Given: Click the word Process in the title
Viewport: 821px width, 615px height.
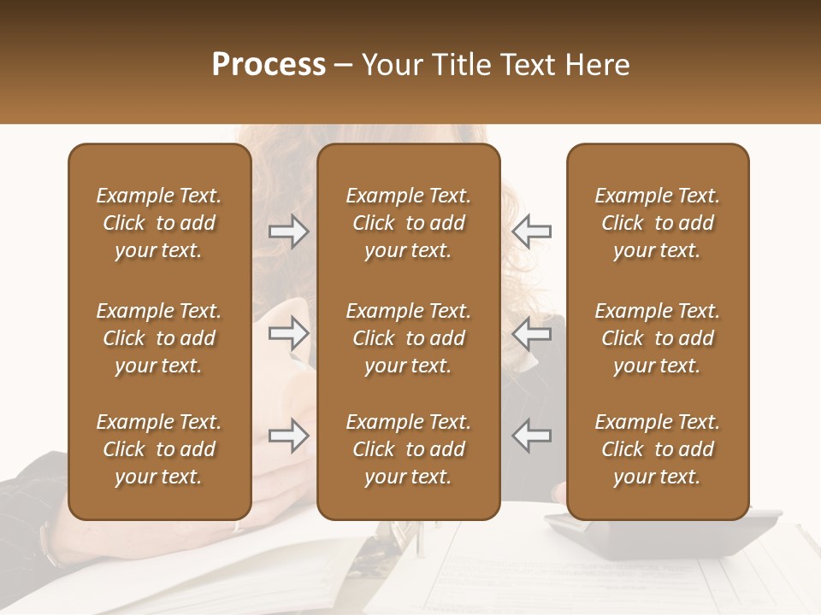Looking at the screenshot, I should (269, 65).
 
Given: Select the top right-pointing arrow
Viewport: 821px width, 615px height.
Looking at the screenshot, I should (289, 231).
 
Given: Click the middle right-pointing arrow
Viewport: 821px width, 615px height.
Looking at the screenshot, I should (289, 334).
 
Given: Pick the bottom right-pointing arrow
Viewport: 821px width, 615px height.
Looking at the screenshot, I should (289, 436).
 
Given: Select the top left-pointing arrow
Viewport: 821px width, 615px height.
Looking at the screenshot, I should (531, 231).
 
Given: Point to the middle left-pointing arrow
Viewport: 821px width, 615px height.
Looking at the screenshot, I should (531, 334).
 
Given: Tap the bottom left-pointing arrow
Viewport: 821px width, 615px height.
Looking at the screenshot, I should (531, 436).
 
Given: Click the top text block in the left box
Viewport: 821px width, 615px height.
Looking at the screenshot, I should (159, 223).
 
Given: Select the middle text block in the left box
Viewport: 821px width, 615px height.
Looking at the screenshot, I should (159, 338).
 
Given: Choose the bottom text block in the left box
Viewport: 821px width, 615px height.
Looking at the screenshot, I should (159, 449).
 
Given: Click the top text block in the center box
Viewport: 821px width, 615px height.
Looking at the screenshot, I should (408, 223).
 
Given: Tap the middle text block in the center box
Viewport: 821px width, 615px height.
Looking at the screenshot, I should (408, 338).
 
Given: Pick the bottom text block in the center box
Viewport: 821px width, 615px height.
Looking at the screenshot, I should (408, 449).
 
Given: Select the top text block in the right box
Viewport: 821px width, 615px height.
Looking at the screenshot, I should (657, 223).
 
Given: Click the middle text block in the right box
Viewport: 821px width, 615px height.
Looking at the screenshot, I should (657, 338).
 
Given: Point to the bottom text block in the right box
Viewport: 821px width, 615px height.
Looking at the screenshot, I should (657, 449).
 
